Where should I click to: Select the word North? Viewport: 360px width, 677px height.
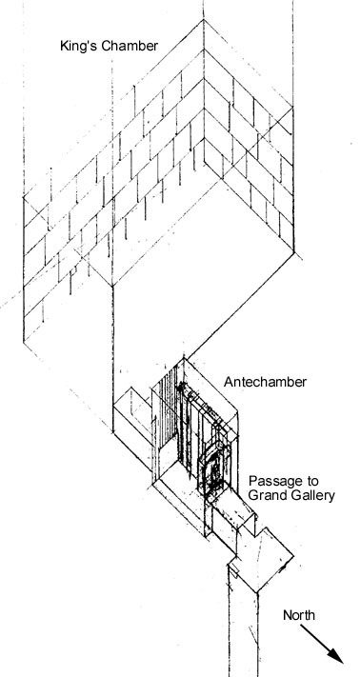tap(300, 616)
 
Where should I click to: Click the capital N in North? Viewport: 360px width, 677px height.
tap(287, 616)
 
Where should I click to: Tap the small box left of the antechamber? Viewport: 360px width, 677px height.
tap(130, 409)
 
